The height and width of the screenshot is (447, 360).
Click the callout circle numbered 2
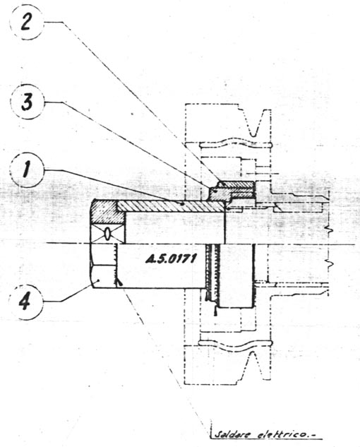26,23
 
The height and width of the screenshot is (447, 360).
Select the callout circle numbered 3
27,102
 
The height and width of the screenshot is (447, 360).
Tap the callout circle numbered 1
27,170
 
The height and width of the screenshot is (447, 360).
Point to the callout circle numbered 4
25,302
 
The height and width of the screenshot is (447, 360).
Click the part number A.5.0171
171,259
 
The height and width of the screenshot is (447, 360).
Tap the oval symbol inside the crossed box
107,234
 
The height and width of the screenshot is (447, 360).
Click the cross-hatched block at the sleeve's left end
108,212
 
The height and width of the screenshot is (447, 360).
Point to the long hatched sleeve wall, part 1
171,206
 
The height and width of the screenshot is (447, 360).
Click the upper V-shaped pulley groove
256,123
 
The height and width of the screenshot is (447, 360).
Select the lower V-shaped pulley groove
256,366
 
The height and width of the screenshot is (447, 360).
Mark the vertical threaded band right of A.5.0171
213,272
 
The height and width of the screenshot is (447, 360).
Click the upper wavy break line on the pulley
236,143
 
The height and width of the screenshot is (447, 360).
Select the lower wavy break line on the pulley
236,344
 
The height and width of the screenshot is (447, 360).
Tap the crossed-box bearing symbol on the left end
107,234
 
